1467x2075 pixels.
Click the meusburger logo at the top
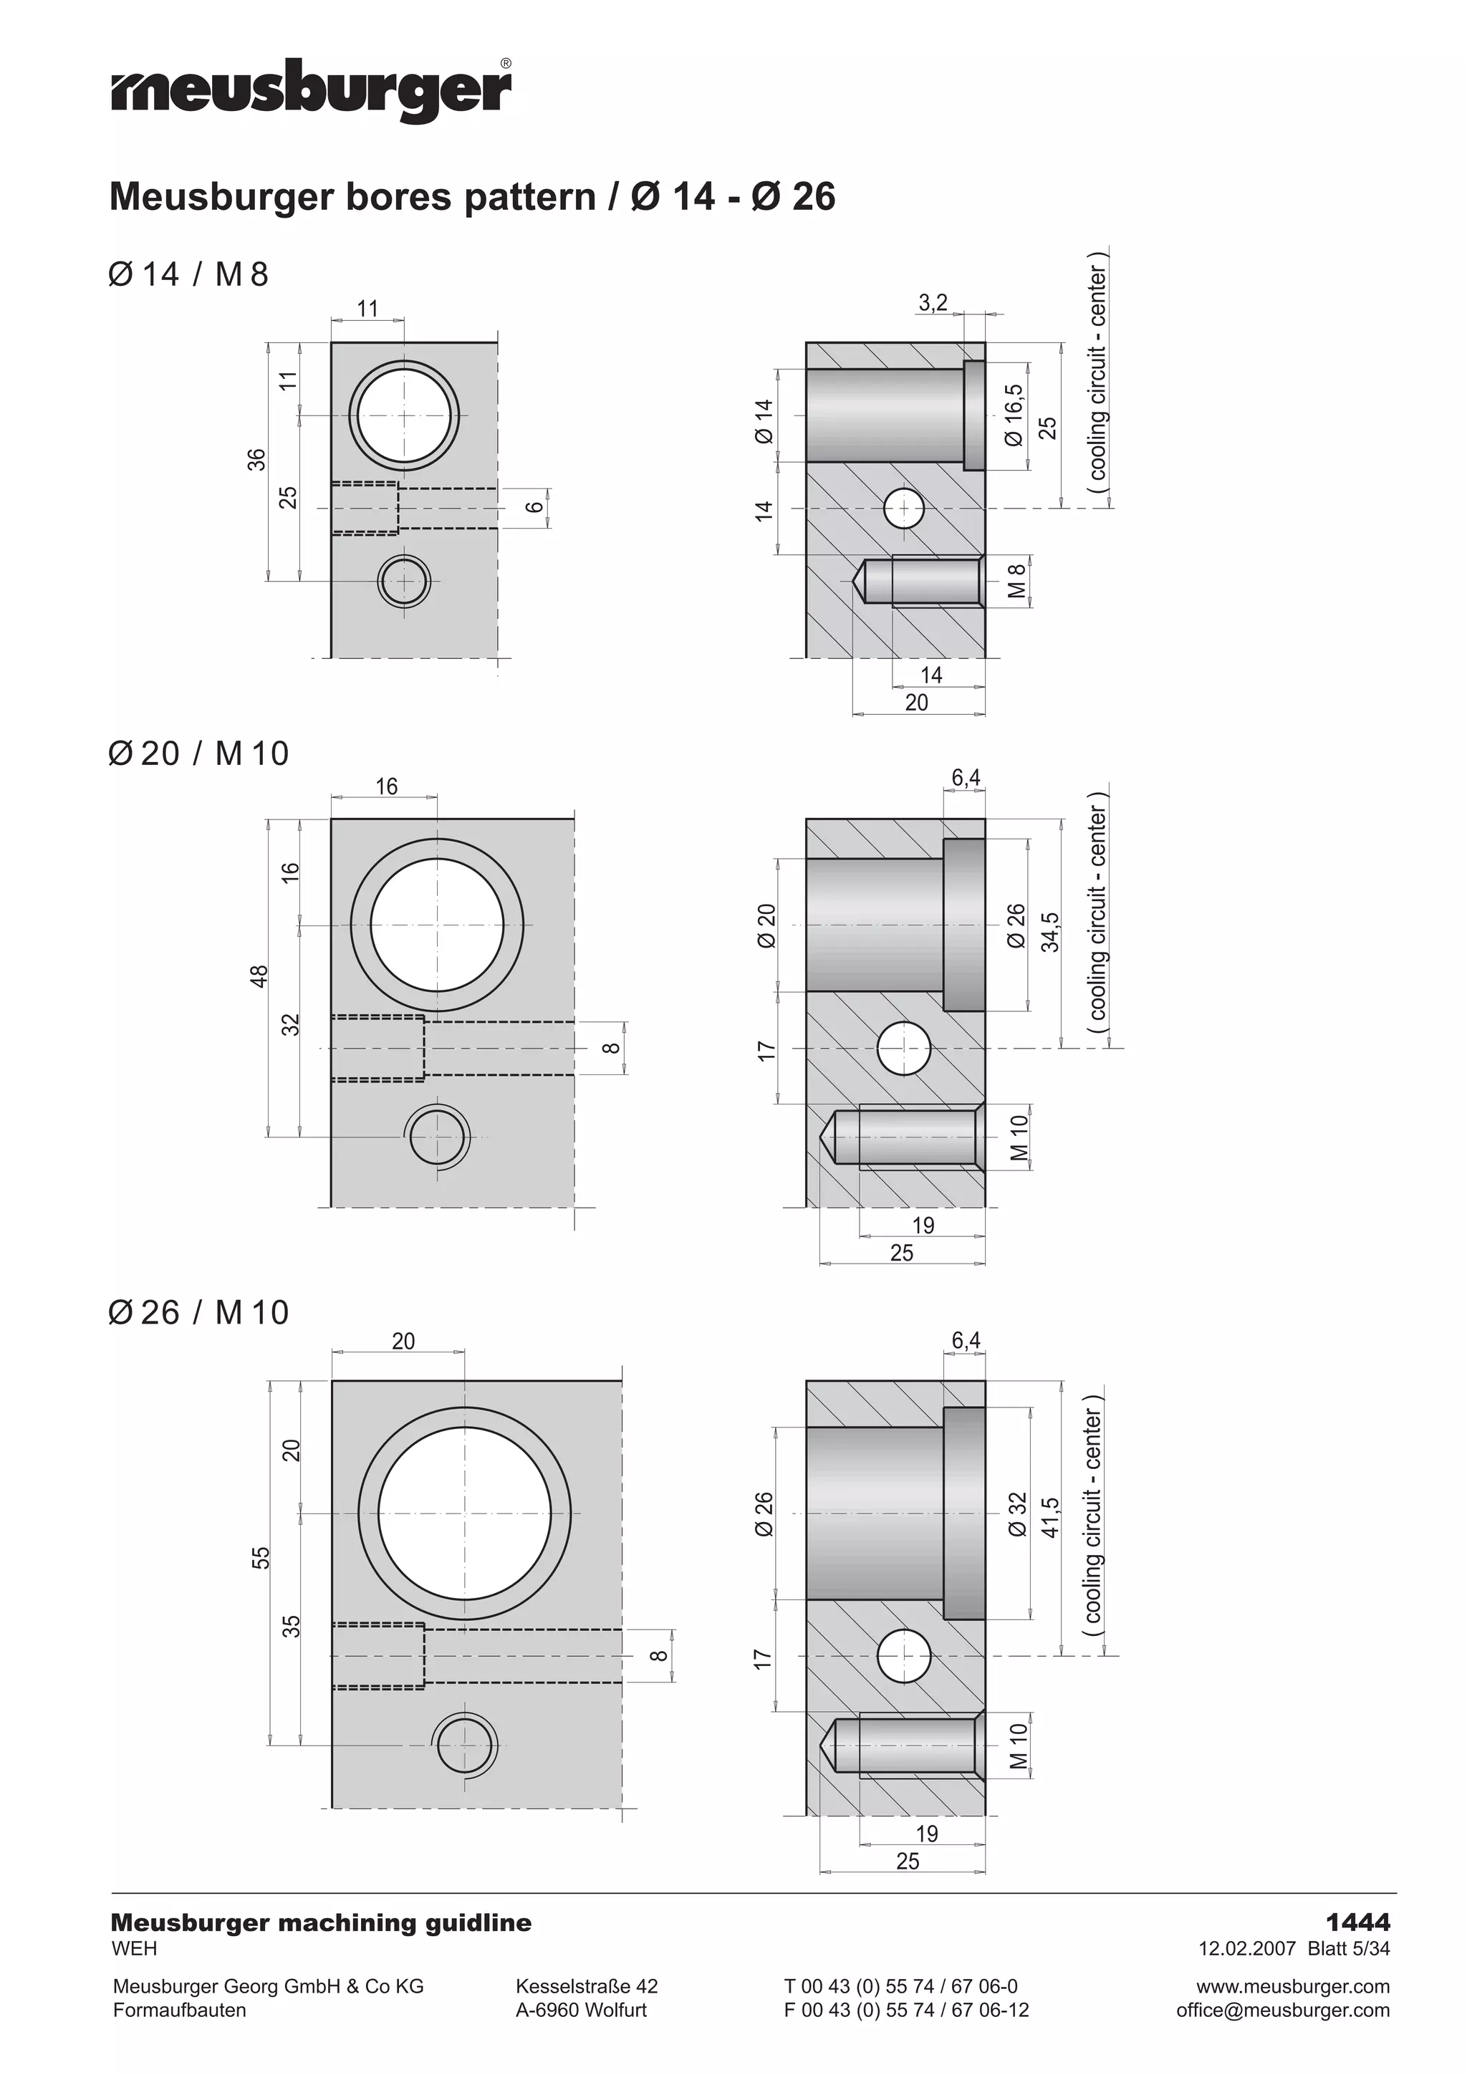pos(312,90)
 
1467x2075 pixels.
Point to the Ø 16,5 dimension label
pos(1014,415)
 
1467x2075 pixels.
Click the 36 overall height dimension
pos(258,460)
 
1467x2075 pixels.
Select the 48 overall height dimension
pos(259,976)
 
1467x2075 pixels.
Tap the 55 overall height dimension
pos(260,1558)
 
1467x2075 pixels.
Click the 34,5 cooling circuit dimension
pos(1049,932)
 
